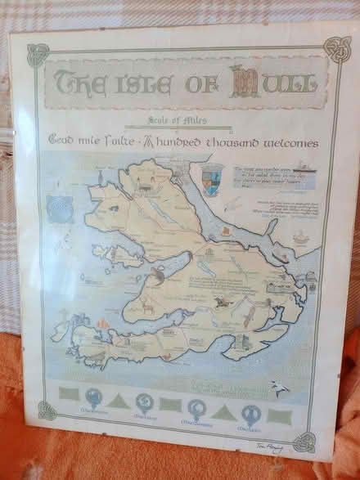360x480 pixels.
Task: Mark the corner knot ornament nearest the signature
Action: click(305, 442)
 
